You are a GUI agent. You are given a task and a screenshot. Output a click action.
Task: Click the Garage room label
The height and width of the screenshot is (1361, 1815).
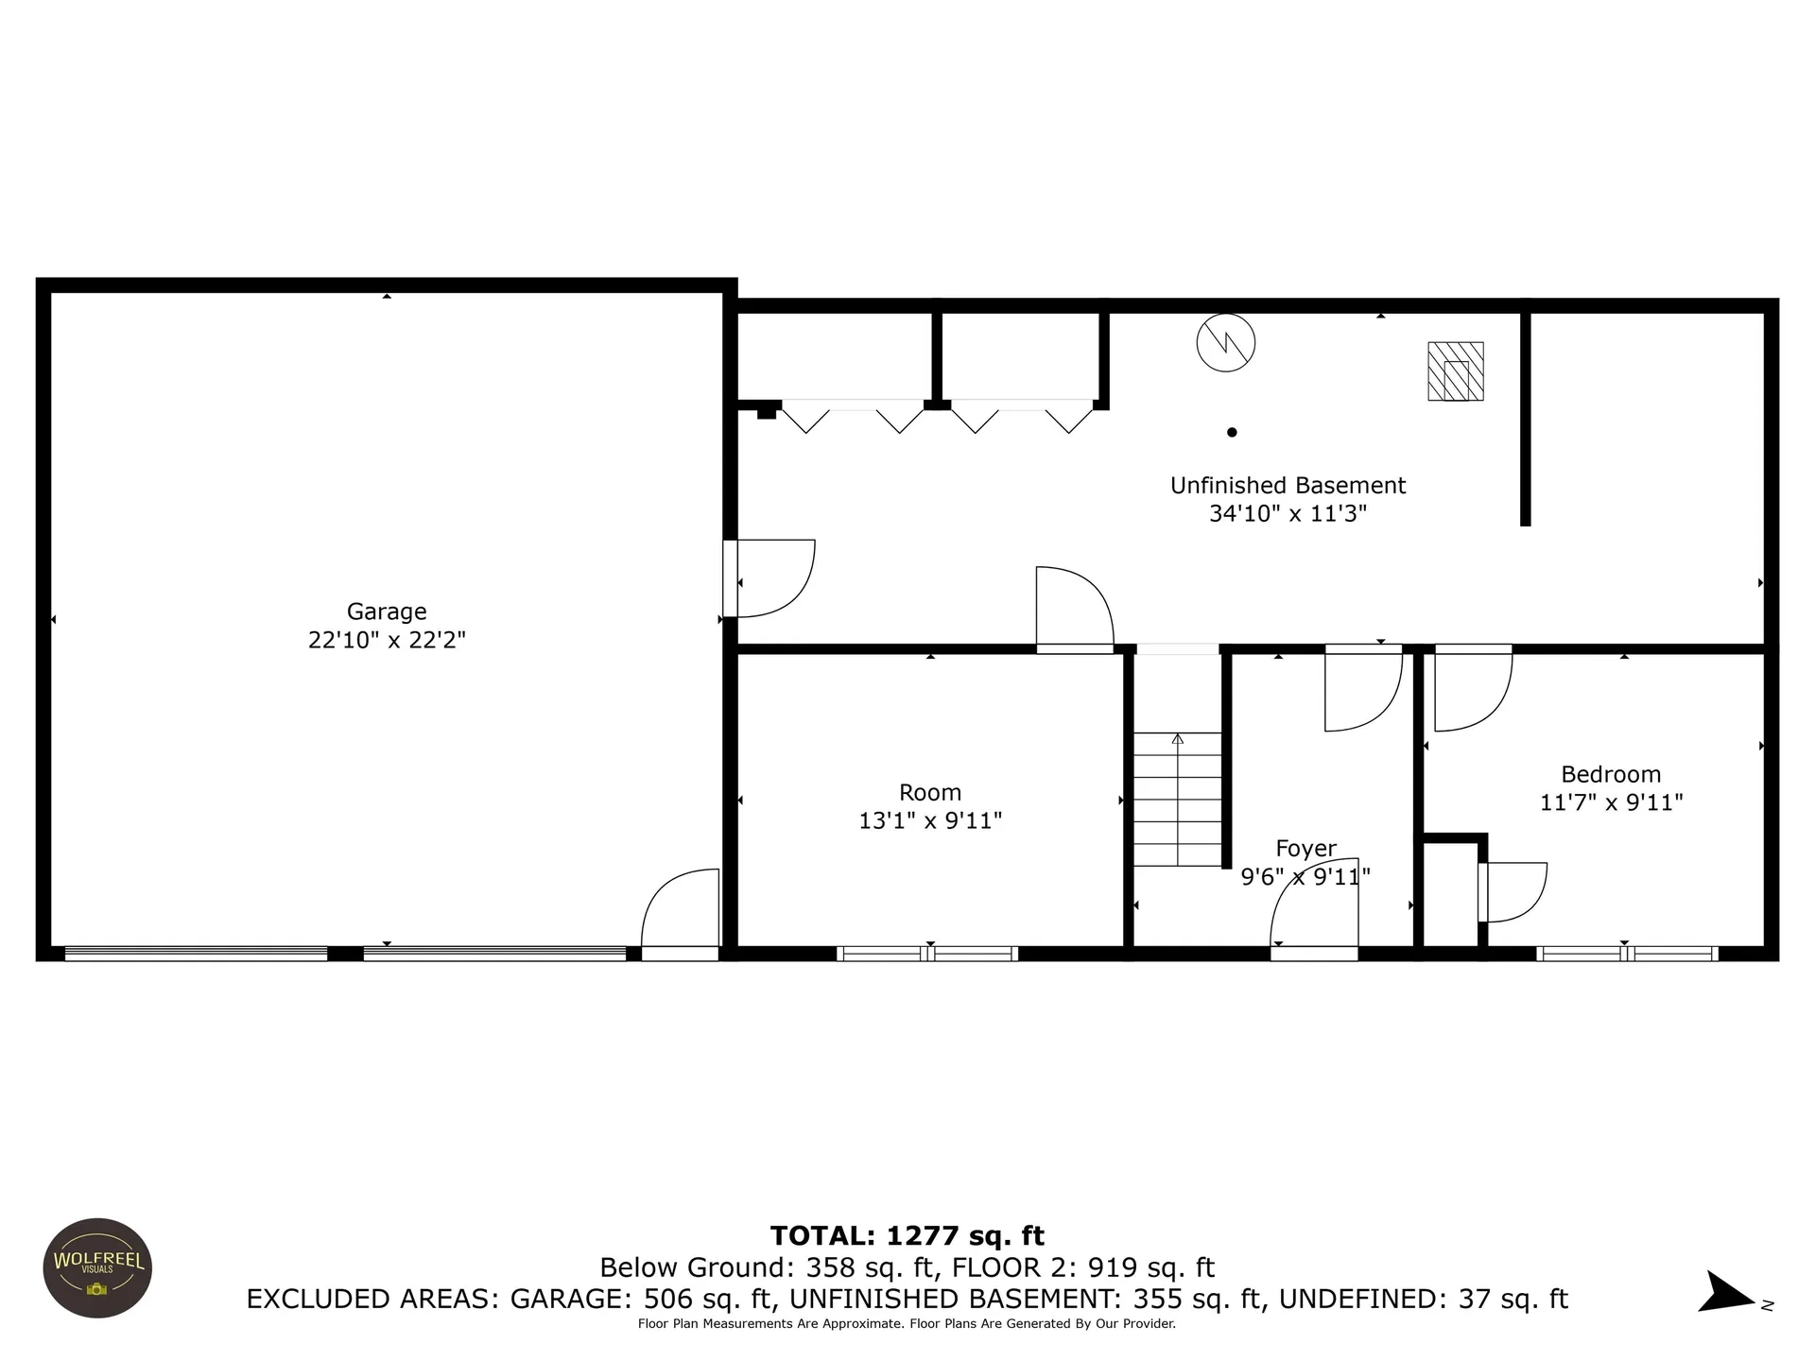(x=387, y=612)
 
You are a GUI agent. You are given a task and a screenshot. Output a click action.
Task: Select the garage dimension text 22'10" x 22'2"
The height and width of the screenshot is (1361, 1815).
(x=387, y=640)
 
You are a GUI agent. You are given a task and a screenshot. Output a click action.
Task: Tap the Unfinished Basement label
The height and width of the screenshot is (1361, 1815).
(x=1288, y=486)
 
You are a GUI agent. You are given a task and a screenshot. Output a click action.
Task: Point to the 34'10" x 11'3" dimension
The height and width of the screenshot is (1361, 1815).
(x=1288, y=513)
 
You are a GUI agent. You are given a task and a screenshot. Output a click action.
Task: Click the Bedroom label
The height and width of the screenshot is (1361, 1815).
(x=1611, y=774)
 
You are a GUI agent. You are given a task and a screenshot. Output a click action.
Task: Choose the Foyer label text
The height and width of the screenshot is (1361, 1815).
(x=1305, y=849)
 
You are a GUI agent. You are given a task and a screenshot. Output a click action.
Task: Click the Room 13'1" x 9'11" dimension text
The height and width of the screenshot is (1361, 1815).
(x=930, y=820)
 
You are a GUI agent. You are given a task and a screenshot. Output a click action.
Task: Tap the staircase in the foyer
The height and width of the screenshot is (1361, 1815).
(x=1178, y=800)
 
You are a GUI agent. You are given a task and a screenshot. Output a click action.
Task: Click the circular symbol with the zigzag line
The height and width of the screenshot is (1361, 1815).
(x=1226, y=342)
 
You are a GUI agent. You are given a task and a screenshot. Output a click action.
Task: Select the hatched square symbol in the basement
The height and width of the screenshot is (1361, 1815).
(x=1455, y=371)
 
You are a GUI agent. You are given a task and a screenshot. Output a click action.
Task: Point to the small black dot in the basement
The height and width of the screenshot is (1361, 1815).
(x=1232, y=433)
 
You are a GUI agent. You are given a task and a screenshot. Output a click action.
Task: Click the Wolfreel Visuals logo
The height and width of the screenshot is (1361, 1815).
(x=98, y=1267)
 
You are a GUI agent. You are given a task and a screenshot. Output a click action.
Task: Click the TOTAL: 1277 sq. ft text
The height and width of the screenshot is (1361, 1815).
(x=907, y=1235)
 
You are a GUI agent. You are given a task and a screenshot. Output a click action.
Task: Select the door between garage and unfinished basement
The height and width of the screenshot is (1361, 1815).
(x=769, y=578)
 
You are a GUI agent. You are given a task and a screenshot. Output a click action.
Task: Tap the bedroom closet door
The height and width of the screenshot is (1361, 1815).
(x=1512, y=892)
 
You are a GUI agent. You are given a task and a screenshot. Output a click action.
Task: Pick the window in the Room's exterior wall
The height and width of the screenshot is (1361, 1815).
(x=927, y=954)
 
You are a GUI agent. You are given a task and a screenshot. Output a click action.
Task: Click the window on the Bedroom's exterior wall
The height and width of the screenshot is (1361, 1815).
(x=1627, y=954)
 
